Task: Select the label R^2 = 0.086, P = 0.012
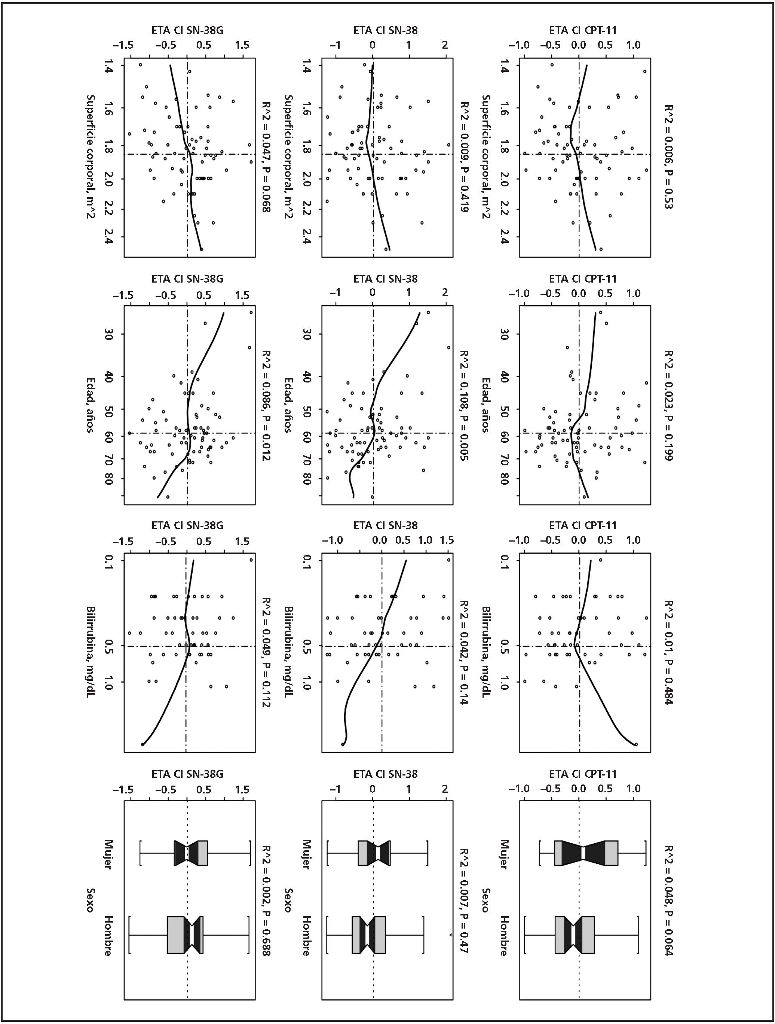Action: (266, 405)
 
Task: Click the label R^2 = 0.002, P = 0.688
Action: (266, 900)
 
